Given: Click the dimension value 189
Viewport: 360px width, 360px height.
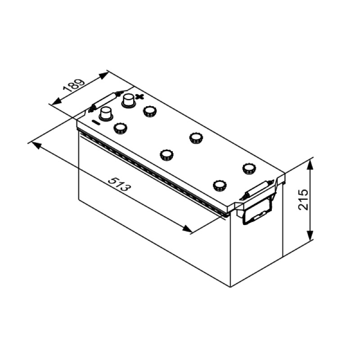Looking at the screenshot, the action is tap(74, 86).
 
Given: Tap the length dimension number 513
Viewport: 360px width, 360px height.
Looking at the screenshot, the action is tap(119, 184).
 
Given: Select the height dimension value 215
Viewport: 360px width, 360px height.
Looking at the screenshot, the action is tap(303, 199).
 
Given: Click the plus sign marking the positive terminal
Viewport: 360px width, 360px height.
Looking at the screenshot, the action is tap(139, 97).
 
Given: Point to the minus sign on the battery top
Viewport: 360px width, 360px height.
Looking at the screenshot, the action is tap(96, 122).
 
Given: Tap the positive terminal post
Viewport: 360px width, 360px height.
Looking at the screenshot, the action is tap(129, 100).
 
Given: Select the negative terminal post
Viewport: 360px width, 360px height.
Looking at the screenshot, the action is tap(106, 114).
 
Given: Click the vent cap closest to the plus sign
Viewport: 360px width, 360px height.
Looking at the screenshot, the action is tap(149, 112).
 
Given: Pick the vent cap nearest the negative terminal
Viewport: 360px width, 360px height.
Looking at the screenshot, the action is tap(120, 128).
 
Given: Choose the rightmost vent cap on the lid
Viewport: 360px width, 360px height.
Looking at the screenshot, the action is tap(249, 168).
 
